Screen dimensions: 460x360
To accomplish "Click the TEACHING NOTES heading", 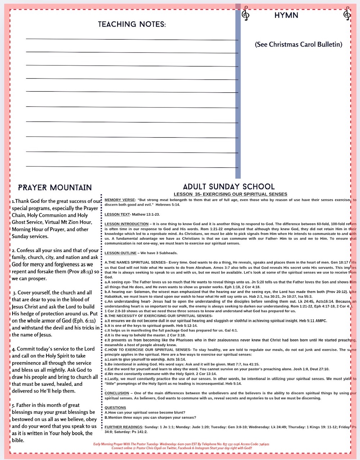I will pos(132,24).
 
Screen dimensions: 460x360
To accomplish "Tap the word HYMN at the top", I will pos(286,15).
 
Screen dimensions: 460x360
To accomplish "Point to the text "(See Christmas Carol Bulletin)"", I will pos(298,45).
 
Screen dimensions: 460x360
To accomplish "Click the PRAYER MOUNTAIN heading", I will pos(55,188).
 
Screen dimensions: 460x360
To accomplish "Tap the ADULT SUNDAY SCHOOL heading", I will pos(229,187).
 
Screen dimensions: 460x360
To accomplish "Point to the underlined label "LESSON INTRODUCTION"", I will pos(126,224).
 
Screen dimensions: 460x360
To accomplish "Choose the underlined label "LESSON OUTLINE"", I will pos(120,253).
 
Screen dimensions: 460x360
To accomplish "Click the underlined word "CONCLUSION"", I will pos(117,393).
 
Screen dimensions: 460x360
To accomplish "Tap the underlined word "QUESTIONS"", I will pos(115,408).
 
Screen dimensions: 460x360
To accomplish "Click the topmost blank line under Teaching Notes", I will pos(132,39).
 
